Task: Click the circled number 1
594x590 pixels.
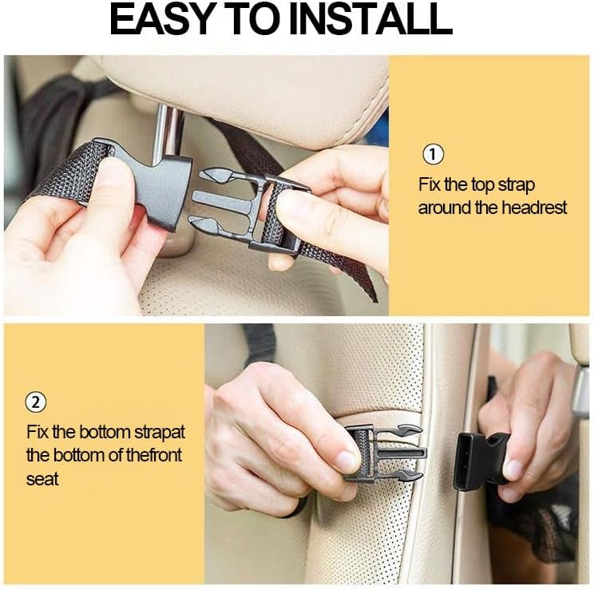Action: coord(433,154)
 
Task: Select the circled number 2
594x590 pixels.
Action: coord(36,402)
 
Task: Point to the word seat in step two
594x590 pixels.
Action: coord(42,479)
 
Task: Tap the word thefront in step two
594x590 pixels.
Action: coord(153,455)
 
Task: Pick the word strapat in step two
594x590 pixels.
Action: coord(160,433)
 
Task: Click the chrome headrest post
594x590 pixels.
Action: coord(168,135)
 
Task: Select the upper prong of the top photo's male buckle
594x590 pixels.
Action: coord(219,175)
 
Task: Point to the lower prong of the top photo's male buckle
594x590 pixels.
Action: coord(212,224)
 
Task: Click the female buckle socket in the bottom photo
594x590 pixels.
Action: coord(480,461)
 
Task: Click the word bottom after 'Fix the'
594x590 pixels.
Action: coord(105,433)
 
